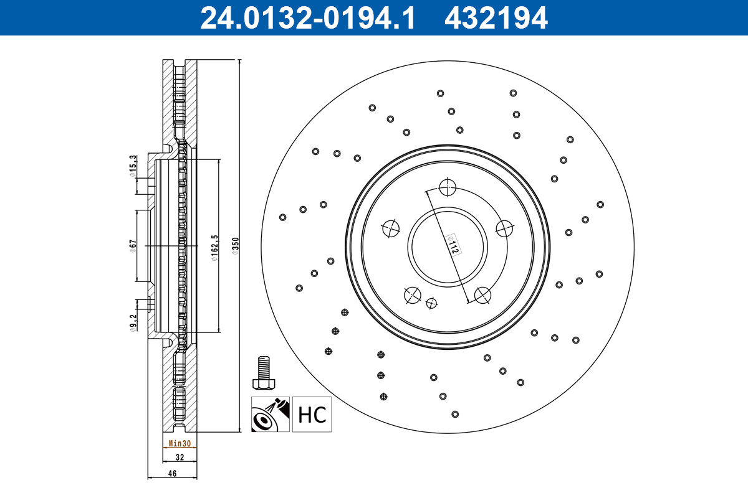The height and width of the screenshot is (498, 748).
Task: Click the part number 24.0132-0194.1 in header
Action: (307, 17)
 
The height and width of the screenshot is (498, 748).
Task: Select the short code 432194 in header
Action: (496, 17)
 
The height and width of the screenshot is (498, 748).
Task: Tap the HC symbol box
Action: (312, 415)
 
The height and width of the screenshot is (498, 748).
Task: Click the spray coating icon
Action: (271, 415)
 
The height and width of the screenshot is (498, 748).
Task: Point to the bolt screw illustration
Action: (264, 372)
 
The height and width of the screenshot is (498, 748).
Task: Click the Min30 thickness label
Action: (180, 444)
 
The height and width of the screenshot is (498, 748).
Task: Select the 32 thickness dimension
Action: (180, 457)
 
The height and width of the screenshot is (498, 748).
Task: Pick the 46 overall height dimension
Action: (172, 474)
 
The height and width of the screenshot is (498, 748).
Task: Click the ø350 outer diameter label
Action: (235, 247)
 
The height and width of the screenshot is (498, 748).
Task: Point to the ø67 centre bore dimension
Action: (133, 246)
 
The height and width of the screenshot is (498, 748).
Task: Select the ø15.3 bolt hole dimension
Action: (133, 166)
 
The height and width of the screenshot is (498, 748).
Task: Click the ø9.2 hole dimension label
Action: (133, 323)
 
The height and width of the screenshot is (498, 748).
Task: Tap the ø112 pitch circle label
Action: (454, 244)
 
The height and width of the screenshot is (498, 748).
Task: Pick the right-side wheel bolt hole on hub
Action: (504, 228)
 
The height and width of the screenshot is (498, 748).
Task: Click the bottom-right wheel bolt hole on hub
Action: (482, 294)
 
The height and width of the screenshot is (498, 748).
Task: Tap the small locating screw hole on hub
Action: (431, 303)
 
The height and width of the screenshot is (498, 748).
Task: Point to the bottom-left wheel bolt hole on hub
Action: (412, 294)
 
